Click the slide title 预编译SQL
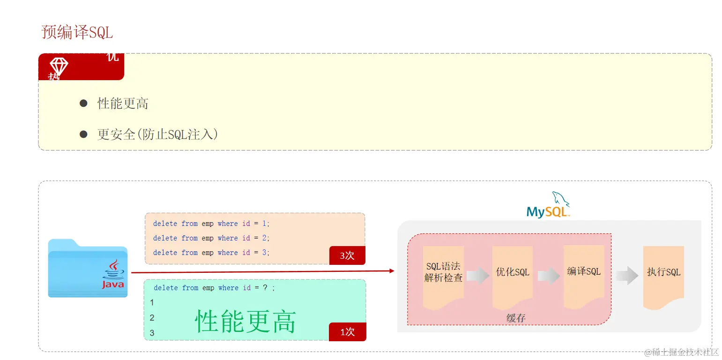pos(77,32)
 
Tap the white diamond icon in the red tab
pos(59,67)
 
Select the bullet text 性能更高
pos(123,104)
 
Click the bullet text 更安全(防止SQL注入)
pos(157,135)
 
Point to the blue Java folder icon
pos(88,268)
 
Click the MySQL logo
pos(548,206)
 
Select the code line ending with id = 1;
pos(211,224)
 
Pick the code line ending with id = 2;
pos(211,238)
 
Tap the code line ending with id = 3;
pos(211,253)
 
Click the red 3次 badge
pos(347,255)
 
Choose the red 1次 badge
pos(347,332)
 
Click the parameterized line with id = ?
pos(214,288)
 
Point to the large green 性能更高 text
pos(246,322)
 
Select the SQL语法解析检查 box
pos(443,272)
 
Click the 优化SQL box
pos(513,272)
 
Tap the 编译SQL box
pos(584,271)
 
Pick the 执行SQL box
pos(663,272)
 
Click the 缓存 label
pos(516,318)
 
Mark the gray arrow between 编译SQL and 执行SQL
pos(627,275)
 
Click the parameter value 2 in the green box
pos(152,318)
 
